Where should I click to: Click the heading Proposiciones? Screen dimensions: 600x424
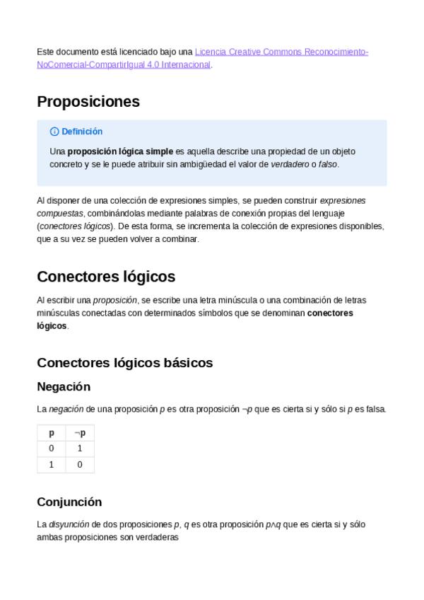(88, 101)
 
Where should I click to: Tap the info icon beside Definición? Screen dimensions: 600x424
(54, 132)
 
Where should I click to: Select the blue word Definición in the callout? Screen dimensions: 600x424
(82, 132)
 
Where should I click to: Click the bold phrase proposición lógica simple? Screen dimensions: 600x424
(120, 151)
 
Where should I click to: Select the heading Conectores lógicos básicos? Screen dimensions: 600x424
(124, 363)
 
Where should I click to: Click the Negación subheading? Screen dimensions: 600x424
(64, 387)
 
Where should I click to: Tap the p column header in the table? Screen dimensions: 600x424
(51, 433)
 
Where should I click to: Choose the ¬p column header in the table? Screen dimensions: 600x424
(80, 433)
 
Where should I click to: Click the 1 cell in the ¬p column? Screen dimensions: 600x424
(80, 449)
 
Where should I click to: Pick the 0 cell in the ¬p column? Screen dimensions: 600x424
(80, 465)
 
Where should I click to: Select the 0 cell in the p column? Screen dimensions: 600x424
(51, 449)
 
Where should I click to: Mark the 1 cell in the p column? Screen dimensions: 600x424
(51, 465)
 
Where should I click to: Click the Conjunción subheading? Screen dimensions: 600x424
(69, 502)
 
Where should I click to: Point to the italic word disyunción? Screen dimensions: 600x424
(69, 524)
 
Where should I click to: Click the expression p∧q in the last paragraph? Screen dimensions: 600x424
(273, 524)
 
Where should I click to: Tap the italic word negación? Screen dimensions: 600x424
(66, 409)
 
